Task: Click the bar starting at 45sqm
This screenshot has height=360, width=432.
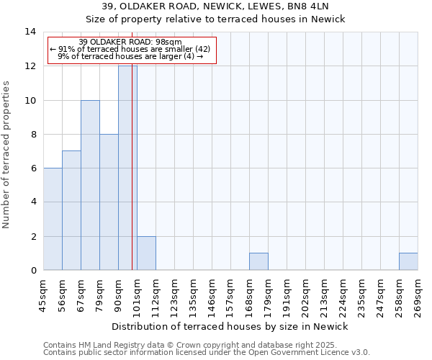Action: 53,219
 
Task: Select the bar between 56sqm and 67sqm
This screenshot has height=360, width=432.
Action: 71,210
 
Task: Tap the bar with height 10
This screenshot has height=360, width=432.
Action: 90,185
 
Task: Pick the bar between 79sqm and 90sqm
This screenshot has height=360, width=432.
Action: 109,202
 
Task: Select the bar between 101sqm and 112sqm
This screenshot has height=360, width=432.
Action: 146,253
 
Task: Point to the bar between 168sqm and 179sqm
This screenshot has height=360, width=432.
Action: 258,261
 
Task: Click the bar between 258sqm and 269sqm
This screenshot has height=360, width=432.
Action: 408,261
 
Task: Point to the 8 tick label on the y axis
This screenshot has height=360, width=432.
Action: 32,135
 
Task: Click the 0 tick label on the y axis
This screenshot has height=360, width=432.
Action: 32,271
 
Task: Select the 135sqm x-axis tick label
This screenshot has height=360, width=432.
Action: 194,294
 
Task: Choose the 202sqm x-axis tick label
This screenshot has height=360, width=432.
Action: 306,294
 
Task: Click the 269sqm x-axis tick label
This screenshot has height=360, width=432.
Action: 418,294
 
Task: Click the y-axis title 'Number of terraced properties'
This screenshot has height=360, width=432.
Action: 8,155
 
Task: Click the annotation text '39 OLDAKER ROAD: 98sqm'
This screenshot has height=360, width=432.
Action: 130,42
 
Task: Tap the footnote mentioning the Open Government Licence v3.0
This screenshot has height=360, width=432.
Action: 207,353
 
